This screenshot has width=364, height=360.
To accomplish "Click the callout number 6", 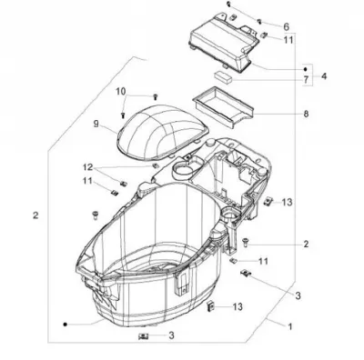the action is pos(287,26).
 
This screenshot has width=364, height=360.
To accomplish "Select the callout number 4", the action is pos(324,76).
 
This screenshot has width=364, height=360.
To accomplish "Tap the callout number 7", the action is pos(306,80).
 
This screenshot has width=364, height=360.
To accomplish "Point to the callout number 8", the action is pos(306,114).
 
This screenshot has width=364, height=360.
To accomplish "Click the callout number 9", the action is pos(96,124).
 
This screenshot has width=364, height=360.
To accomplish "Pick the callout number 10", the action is pos(120,91).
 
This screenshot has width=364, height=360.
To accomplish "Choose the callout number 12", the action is pos(88,167).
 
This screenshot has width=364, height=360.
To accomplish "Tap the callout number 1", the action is pos(290,326).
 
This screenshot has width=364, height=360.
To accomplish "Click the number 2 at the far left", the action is pos(35,215).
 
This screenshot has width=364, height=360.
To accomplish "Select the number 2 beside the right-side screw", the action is pos(306,244).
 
